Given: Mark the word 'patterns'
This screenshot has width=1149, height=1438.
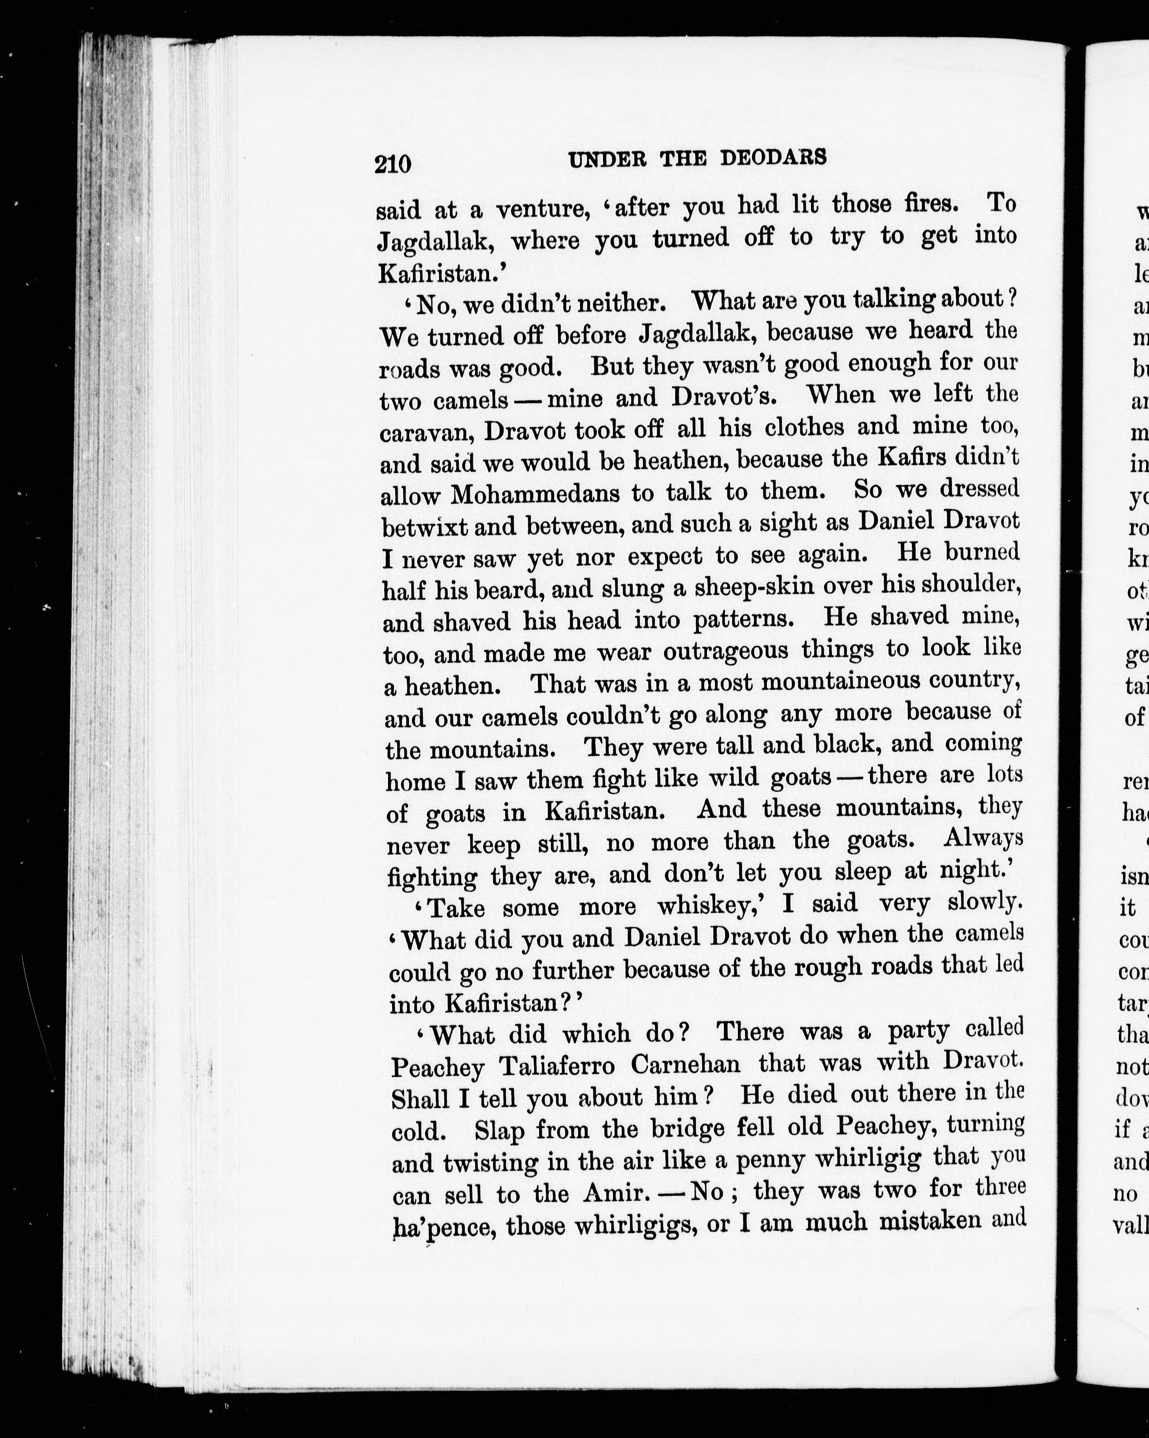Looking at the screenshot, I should click(x=743, y=619).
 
